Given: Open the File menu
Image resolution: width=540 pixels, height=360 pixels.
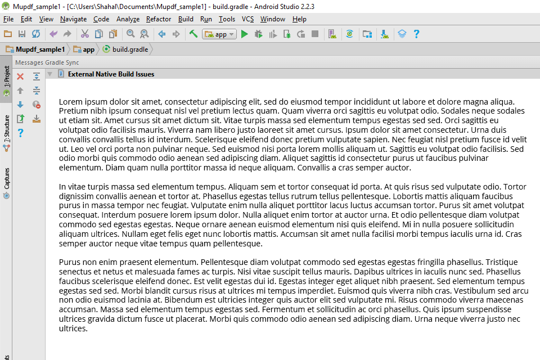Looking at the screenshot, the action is (8, 19).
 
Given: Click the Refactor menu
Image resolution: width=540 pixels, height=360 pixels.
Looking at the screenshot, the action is (159, 19).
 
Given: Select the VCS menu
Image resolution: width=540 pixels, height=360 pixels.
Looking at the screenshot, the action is (248, 19).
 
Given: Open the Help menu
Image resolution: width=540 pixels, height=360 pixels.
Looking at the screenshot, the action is (299, 19).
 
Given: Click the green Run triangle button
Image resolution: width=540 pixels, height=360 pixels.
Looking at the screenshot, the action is (244, 34).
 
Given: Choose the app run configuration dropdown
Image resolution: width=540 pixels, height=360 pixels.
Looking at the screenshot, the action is (219, 34).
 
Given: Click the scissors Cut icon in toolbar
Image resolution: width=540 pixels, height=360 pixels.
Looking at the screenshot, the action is (85, 34).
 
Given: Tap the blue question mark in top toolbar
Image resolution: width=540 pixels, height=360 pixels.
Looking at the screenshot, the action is (416, 34).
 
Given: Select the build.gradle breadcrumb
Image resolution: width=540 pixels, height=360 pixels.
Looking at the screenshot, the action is (130, 49).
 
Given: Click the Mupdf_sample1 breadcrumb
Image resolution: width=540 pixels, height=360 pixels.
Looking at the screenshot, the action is (40, 49).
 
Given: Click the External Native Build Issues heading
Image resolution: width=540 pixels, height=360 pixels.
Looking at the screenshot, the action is (111, 74).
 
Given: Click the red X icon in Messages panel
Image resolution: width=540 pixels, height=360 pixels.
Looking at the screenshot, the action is (20, 76).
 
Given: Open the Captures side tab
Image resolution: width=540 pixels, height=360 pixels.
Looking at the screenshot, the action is (7, 178).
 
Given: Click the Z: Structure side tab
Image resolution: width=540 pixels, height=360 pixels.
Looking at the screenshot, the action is (7, 129).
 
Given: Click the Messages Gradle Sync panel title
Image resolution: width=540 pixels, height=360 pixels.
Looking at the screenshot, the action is (47, 62).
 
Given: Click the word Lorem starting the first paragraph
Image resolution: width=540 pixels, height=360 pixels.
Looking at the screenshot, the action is (70, 102).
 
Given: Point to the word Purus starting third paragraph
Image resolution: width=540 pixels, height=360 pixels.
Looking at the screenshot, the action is (70, 262).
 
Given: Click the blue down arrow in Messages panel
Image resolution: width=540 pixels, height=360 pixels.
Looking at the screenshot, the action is (20, 105).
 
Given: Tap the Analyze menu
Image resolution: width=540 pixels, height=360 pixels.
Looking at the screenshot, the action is (128, 19).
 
